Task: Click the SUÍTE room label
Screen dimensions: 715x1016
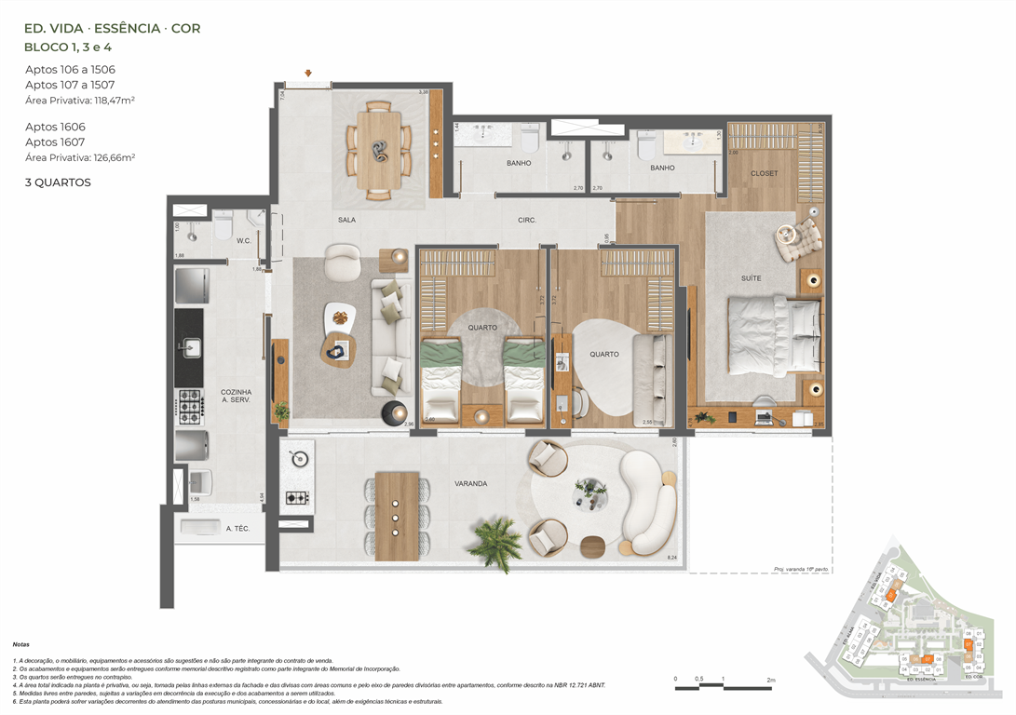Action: click(752, 278)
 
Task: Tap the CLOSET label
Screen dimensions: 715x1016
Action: click(765, 173)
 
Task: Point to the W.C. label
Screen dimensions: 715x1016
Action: click(243, 240)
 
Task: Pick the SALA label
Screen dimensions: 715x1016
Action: click(348, 221)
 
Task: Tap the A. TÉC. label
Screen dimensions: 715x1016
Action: click(237, 529)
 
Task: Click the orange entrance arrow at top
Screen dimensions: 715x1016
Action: click(308, 73)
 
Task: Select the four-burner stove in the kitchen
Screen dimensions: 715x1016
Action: click(189, 403)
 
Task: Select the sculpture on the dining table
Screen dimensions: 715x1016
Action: click(378, 149)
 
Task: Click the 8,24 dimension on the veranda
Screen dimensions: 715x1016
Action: click(672, 558)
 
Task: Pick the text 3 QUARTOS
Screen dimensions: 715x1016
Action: click(58, 183)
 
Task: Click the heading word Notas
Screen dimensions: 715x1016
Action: click(20, 644)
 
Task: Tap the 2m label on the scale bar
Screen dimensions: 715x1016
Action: click(770, 681)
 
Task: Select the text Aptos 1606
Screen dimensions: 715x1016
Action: click(55, 127)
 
